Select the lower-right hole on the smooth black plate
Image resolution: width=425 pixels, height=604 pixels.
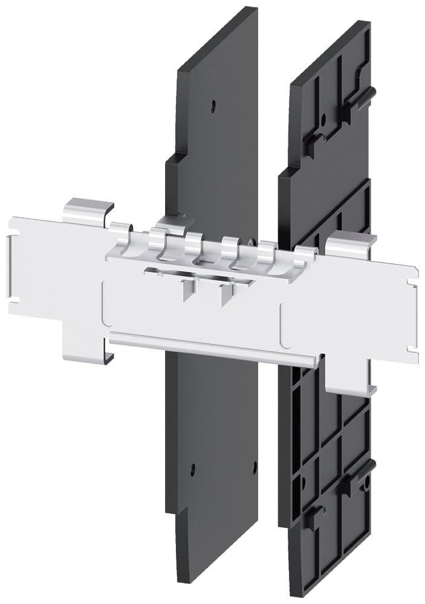255,465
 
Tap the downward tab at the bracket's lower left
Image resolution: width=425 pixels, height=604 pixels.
88,344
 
